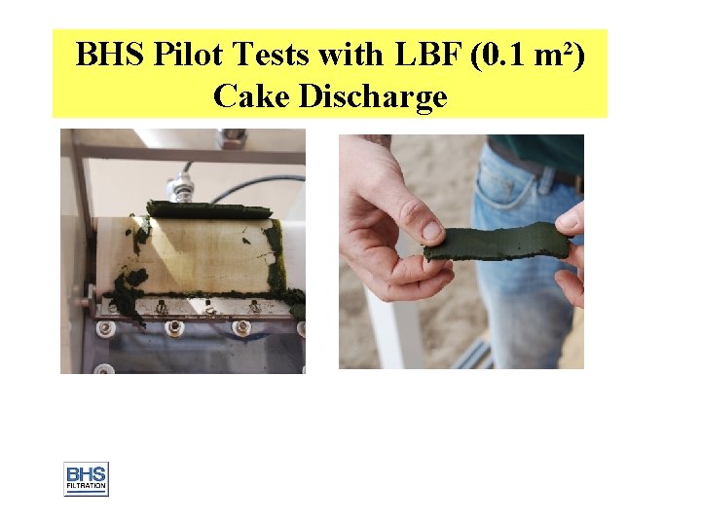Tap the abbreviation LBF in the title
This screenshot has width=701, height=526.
425,56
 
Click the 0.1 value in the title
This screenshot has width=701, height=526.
502,56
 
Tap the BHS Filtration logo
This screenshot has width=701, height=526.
86,478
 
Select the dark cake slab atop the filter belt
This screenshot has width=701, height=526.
209,209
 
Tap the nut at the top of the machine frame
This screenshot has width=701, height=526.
232,137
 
